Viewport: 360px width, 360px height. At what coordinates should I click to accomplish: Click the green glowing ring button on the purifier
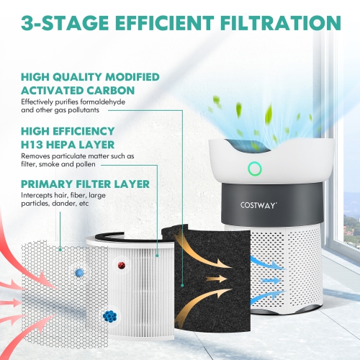pyautogui.click(x=253, y=169)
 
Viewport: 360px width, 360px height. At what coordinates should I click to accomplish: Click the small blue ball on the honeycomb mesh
pyautogui.click(x=78, y=274)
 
